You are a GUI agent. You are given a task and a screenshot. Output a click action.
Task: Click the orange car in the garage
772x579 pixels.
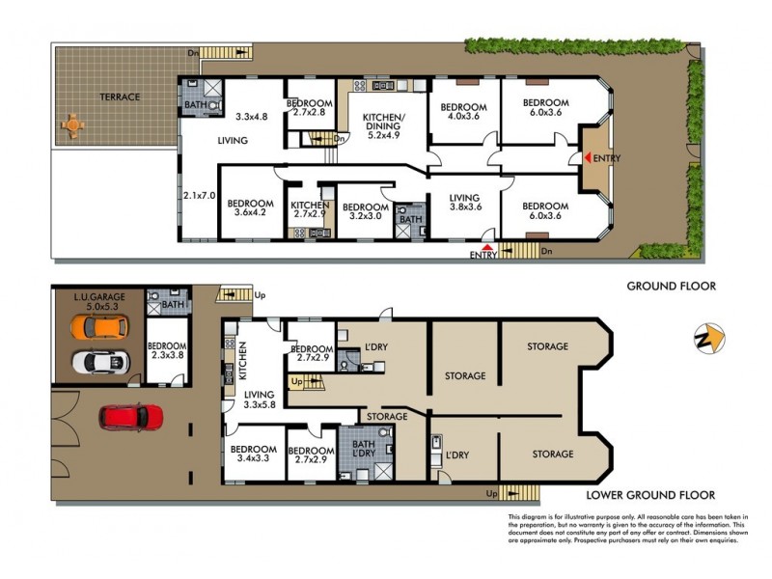tap(98, 327)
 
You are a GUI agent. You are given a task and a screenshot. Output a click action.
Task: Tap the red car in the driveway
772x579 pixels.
tap(131, 417)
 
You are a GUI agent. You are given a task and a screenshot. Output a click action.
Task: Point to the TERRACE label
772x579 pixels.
tap(119, 97)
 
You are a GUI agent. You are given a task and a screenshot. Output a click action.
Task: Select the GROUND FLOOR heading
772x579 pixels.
tap(671, 286)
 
